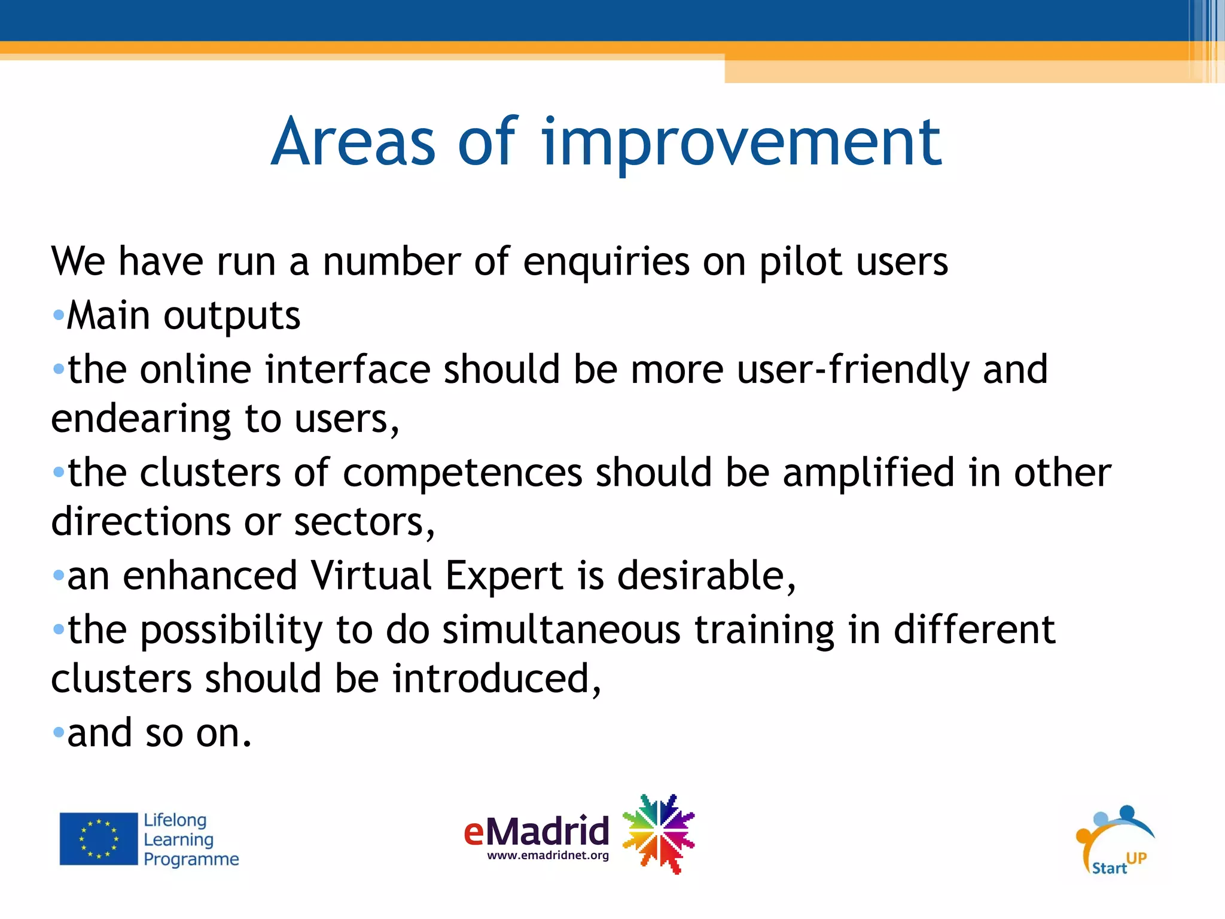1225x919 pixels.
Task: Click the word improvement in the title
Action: [x=742, y=144]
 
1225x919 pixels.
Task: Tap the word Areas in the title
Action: [x=353, y=144]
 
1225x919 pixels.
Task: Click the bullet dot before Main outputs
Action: [x=58, y=315]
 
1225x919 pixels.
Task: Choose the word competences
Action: [x=462, y=473]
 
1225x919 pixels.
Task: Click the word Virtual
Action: [x=371, y=576]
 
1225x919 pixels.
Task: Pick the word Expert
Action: [x=504, y=576]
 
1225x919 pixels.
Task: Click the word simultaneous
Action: [x=561, y=631]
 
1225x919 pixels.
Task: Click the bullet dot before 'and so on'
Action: [x=58, y=732]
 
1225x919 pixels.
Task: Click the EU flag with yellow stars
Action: [x=99, y=839]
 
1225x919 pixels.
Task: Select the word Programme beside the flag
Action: [x=191, y=859]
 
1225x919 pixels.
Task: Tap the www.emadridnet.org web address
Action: [x=548, y=856]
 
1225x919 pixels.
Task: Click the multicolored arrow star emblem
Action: [x=658, y=834]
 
